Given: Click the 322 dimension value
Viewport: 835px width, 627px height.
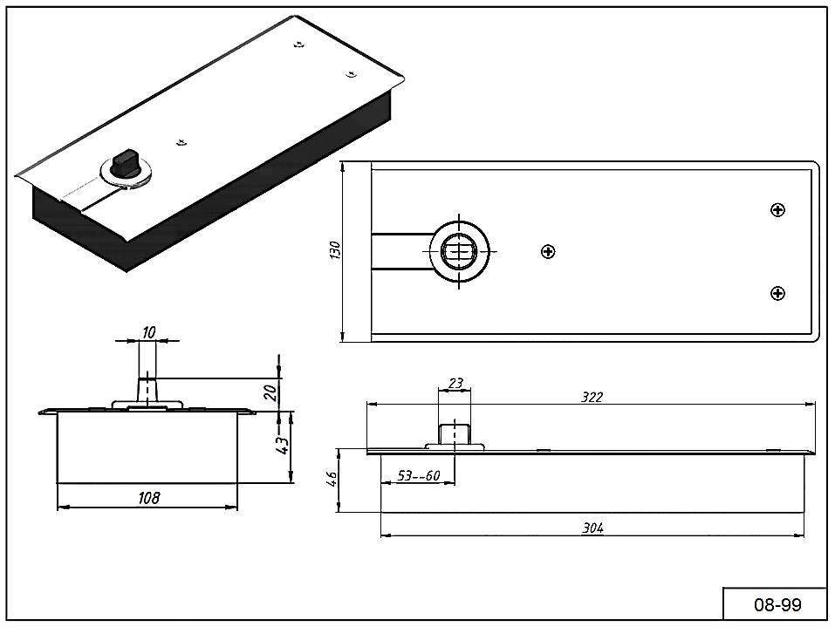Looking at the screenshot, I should tap(592, 397).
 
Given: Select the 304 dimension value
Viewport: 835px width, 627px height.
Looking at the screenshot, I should tap(592, 528).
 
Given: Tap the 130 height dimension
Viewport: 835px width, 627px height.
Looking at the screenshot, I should tap(335, 249).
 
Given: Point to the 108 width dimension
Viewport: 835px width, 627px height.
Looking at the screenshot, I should tap(149, 498).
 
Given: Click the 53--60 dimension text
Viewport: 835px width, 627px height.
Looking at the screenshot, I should tap(418, 475).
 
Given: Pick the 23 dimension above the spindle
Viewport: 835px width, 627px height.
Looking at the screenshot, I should tap(455, 383).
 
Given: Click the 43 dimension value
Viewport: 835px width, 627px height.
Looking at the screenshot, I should tap(282, 444).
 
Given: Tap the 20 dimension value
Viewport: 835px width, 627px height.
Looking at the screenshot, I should tap(270, 392).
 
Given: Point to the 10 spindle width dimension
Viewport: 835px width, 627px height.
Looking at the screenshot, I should tap(148, 331).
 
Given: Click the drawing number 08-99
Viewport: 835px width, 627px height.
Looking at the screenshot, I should tap(777, 604).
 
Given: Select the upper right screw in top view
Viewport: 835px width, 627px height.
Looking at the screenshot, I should tap(778, 209).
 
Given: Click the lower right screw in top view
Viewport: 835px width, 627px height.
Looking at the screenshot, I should tap(777, 293).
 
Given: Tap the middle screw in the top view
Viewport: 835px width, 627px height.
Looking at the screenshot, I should tap(548, 251).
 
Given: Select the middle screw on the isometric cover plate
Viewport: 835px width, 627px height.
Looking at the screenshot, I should tap(181, 141).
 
